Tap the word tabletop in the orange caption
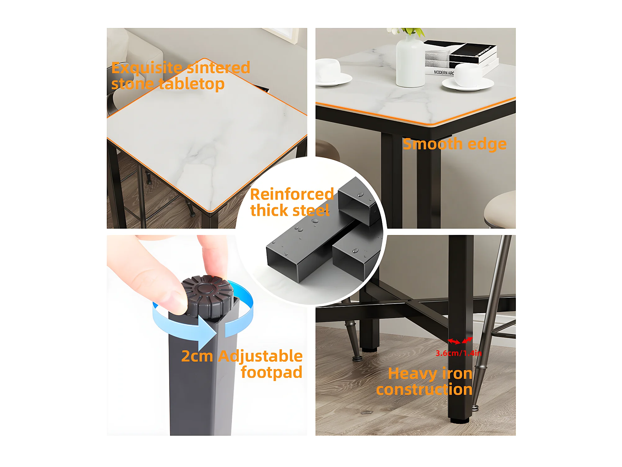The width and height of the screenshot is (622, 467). coord(192,84)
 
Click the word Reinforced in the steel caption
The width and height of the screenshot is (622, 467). coord(292,194)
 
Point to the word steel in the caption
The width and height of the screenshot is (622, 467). coord(311,210)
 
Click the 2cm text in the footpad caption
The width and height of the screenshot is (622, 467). coord(197,356)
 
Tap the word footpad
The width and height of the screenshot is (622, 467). coord(272,372)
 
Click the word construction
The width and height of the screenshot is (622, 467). coord(424,389)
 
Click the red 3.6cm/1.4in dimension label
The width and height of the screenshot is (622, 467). coord(458,353)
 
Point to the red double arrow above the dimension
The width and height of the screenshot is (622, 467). coord(460,341)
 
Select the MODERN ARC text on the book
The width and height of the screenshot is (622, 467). coord(444,72)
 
